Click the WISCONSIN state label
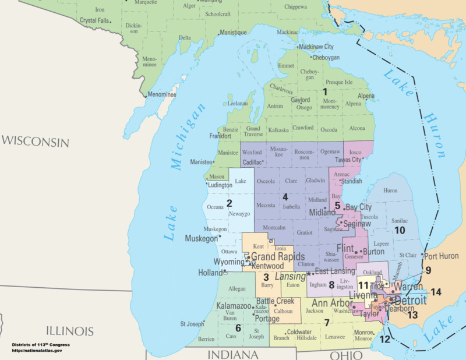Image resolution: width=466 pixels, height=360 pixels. click(35, 142)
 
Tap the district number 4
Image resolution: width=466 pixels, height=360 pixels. click(285, 197)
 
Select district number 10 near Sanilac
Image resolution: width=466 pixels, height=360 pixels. click(400, 230)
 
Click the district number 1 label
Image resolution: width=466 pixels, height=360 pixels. click(326, 91)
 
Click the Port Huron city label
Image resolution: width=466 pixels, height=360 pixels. click(442, 256)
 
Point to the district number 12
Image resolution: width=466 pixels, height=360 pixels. click(385, 338)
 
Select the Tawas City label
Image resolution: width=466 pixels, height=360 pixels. click(349, 160)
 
